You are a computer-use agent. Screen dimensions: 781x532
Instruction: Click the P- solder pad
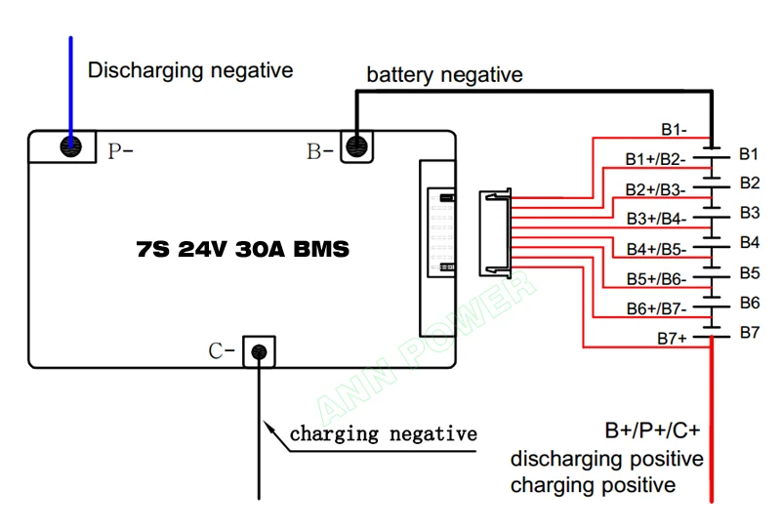click(x=70, y=146)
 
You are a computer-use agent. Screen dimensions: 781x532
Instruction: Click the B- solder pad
click(x=356, y=146)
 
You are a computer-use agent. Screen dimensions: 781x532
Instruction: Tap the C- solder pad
click(x=259, y=352)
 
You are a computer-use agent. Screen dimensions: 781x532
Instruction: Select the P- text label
click(x=120, y=150)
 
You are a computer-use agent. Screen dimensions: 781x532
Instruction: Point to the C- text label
click(x=222, y=351)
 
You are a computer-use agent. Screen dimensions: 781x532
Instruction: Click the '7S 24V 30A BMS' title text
click(x=242, y=249)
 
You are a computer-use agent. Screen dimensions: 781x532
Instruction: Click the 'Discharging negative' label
click(x=190, y=70)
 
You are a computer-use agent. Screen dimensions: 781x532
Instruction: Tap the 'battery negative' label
click(x=445, y=75)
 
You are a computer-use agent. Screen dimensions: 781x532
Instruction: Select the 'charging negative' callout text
click(x=384, y=433)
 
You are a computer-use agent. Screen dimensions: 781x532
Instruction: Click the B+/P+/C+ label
click(x=652, y=430)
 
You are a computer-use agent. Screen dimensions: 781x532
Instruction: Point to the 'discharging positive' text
click(x=607, y=459)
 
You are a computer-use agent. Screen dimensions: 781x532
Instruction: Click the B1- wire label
click(x=674, y=130)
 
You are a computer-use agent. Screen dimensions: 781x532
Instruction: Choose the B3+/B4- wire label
click(x=656, y=219)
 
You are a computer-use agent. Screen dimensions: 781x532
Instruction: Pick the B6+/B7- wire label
click(x=656, y=308)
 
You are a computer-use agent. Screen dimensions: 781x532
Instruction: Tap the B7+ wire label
click(x=672, y=338)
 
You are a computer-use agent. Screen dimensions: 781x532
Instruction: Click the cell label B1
click(x=749, y=154)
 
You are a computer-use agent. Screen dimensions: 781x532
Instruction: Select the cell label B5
click(x=750, y=273)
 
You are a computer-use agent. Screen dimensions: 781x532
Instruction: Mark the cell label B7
click(x=750, y=332)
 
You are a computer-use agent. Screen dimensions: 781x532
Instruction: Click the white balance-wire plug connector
click(x=495, y=233)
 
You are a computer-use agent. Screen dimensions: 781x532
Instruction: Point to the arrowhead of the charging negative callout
click(x=267, y=427)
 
